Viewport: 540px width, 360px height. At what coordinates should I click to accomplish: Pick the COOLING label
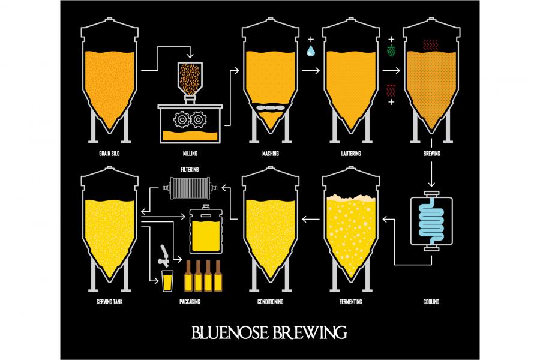(x=431, y=301)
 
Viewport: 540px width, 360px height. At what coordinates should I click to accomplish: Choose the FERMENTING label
(x=350, y=301)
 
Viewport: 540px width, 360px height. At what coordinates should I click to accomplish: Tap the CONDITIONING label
(x=269, y=301)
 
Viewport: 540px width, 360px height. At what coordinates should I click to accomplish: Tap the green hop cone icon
(x=391, y=50)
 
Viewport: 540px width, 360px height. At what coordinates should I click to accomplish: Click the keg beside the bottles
(x=206, y=229)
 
